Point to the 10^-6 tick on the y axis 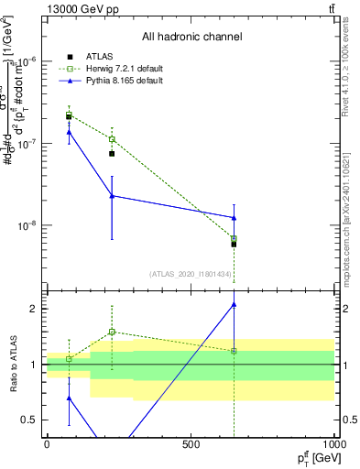click(x=28, y=61)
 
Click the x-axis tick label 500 click(x=191, y=444)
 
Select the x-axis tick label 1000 click(x=332, y=444)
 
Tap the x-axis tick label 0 click(x=47, y=444)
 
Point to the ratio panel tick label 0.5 click(x=30, y=420)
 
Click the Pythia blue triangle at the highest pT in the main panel click(x=235, y=217)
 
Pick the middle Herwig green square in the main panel click(x=112, y=139)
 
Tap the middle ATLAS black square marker click(x=112, y=153)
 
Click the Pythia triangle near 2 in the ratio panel click(x=235, y=304)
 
